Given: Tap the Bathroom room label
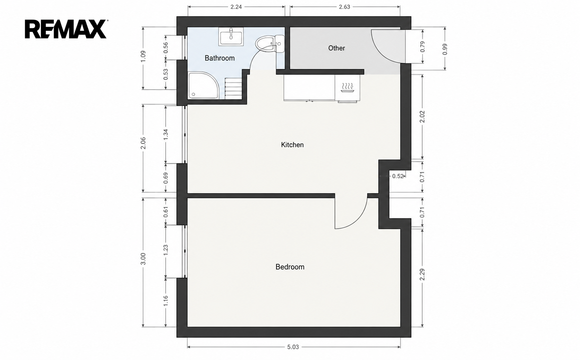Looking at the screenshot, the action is point(220,58).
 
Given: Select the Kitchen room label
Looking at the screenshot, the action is point(292,145).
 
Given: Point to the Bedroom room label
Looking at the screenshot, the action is point(290,267).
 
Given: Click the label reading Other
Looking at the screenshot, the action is point(336,48).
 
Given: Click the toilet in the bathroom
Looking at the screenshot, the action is point(270,44).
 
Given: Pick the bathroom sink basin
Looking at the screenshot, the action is point(231,37).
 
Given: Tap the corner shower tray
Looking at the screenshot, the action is point(204,85).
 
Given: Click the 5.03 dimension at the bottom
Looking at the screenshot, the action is point(293,347).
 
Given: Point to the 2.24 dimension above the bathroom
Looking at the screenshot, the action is point(236,7).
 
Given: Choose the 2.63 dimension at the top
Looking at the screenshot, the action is point(344,7).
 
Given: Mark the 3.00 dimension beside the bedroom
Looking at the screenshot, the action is point(143,259).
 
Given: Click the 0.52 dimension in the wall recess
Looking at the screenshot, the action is point(398,176).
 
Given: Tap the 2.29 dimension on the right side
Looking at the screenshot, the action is point(422,274).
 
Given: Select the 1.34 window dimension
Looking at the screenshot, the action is point(166,134).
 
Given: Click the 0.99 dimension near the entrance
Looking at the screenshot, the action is point(445,49).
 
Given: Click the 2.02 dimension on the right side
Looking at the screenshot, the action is point(422,117).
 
